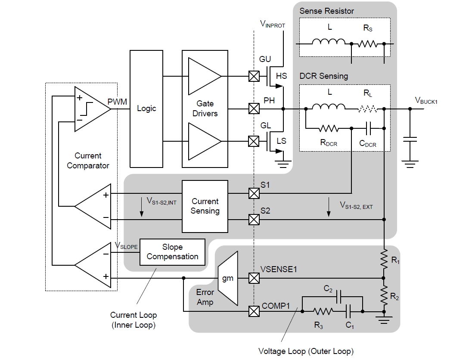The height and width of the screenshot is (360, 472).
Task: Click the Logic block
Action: pyautogui.click(x=146, y=109)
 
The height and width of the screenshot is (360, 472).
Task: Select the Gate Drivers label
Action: pyautogui.click(x=205, y=109)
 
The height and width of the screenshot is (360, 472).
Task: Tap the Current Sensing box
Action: pyautogui.click(x=205, y=206)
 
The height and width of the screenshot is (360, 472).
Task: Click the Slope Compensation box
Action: pyautogui.click(x=172, y=252)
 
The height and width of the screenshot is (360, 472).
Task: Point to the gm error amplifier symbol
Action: pyautogui.click(x=228, y=279)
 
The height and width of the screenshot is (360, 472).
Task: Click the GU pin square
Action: pyautogui.click(x=254, y=77)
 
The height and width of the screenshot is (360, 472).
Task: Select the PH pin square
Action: pyautogui.click(x=254, y=109)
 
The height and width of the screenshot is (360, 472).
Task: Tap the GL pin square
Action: pyautogui.click(x=254, y=141)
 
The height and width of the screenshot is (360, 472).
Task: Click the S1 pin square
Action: pyautogui.click(x=254, y=193)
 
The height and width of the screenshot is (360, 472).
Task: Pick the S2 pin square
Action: pyautogui.click(x=254, y=220)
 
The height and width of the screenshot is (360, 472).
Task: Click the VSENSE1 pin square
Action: pyautogui.click(x=254, y=278)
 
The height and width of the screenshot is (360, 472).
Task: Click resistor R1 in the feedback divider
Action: pyautogui.click(x=384, y=259)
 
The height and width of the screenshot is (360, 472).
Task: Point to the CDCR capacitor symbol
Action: pyautogui.click(x=368, y=128)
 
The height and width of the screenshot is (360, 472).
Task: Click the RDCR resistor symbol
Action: pyautogui.click(x=328, y=128)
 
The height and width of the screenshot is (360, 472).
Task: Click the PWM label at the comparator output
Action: pyautogui.click(x=117, y=102)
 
